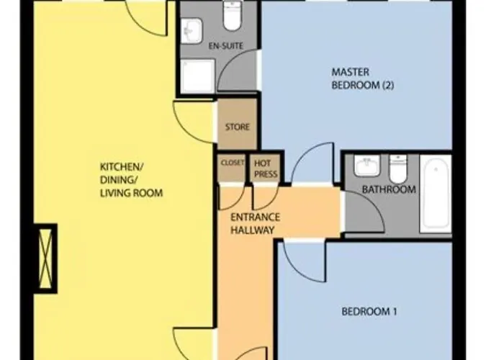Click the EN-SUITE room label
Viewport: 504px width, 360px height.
click(225, 46)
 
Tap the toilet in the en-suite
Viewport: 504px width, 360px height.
click(233, 15)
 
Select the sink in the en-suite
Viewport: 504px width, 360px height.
click(192, 31)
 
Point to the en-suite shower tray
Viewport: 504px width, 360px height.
click(197, 76)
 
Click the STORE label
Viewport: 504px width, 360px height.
click(238, 127)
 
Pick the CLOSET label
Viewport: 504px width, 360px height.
click(233, 163)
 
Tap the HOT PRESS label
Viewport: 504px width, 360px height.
click(266, 168)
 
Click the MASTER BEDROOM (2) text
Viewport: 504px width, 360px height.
click(363, 78)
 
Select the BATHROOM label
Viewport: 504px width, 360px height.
click(389, 189)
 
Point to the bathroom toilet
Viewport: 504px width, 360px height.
click(398, 168)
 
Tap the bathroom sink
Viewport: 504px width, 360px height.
click(367, 166)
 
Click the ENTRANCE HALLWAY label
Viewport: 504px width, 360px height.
click(255, 224)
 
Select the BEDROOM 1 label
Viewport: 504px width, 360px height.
click(369, 312)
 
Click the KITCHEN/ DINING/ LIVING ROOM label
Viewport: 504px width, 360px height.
click(132, 180)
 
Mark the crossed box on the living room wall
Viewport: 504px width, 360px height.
click(46, 258)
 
